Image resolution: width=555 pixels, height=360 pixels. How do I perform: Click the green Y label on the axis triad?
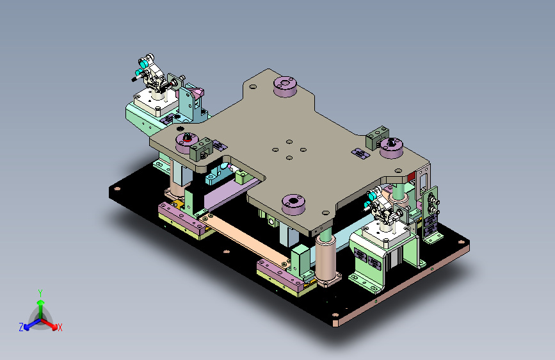40,293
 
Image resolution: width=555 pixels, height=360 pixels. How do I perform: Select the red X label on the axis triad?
60,328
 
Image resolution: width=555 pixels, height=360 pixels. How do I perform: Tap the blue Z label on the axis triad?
21,327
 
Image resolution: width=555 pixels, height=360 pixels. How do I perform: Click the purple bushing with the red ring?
187,142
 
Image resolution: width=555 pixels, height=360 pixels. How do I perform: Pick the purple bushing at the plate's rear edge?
286,86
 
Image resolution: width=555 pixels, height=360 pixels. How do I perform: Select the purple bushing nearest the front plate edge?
293,204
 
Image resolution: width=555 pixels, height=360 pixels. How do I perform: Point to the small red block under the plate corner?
411,176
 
